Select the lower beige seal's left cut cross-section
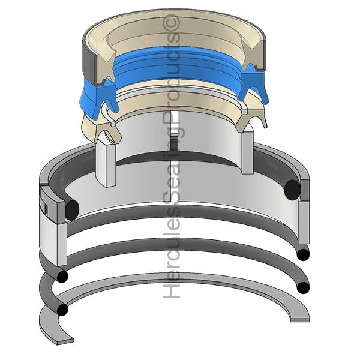[108, 133]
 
